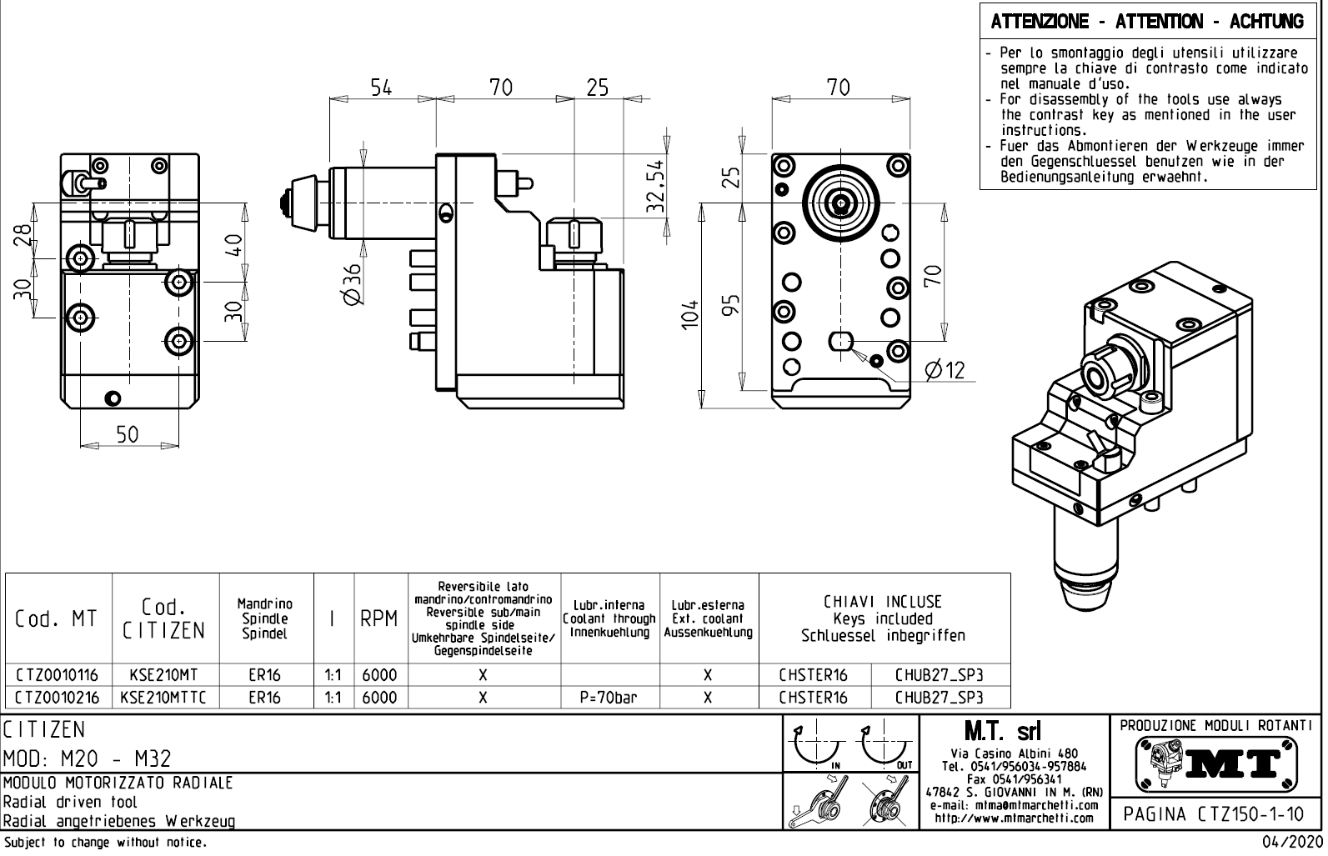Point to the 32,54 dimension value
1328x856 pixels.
[x=656, y=185]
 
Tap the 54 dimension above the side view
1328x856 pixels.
[x=381, y=88]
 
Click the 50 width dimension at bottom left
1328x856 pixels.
[x=127, y=434]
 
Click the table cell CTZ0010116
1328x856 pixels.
[x=57, y=674]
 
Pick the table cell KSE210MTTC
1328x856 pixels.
[x=164, y=697]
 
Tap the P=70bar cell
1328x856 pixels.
[x=609, y=697]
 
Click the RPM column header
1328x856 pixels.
[x=378, y=618]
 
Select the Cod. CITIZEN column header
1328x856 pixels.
[x=164, y=618]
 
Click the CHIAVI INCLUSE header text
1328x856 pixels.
[x=883, y=602]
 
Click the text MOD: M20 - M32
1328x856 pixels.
[x=88, y=758]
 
